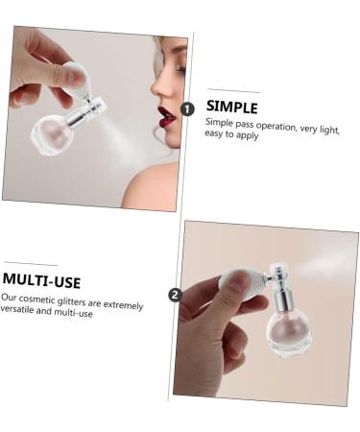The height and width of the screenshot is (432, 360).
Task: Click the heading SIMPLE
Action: point(231,107)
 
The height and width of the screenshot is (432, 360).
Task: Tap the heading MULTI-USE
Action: point(41,281)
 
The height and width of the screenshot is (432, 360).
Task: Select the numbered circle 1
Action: point(188,110)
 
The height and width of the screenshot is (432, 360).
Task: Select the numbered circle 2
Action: point(175,295)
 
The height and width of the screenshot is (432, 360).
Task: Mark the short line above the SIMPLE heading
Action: point(232,91)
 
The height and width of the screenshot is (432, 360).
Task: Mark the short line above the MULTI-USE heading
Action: point(30,263)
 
